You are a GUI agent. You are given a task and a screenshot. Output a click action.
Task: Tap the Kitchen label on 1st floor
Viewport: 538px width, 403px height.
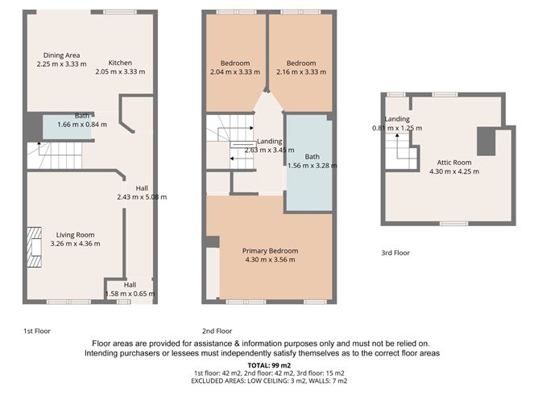[121, 63]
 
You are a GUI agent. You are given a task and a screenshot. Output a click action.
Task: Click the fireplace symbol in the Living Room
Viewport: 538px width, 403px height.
[33, 247]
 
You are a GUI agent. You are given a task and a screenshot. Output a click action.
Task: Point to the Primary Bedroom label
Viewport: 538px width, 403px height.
[269, 251]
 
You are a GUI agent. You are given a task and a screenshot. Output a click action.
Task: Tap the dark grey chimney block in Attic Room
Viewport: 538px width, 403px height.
[486, 142]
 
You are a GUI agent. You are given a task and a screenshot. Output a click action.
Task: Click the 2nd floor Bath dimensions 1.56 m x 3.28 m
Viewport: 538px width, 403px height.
[312, 166]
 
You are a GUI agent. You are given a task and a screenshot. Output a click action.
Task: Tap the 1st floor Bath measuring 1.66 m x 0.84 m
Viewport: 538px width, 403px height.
[73, 125]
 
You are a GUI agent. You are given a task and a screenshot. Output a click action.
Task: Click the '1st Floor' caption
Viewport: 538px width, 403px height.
[37, 331]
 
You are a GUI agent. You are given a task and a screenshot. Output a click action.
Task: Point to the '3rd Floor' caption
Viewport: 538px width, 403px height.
[395, 253]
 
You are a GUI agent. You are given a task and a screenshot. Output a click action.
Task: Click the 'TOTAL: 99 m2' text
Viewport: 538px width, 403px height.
[269, 364]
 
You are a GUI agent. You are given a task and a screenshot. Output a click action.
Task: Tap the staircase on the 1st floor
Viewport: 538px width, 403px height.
[53, 154]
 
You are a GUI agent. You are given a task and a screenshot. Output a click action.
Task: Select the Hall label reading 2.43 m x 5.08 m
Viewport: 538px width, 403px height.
[142, 193]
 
